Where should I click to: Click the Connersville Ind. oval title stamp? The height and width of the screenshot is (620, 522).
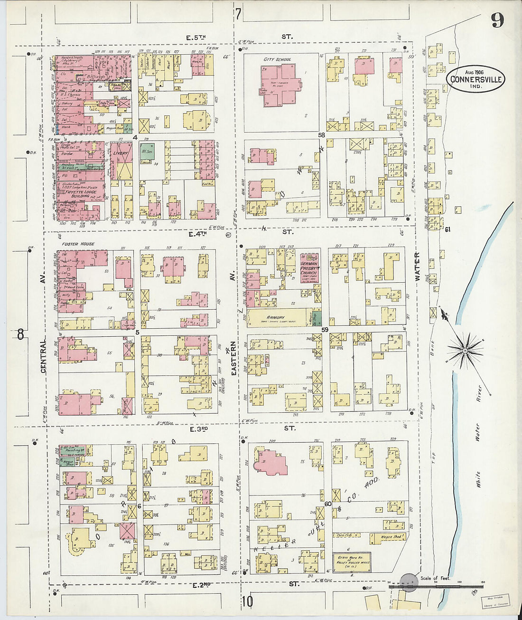(x=475, y=79)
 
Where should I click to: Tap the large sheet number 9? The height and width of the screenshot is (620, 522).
(x=497, y=20)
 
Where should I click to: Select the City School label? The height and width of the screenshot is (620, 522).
(x=277, y=59)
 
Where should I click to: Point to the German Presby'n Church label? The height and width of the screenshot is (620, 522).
(x=309, y=268)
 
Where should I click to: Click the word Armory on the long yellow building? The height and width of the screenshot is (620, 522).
(x=275, y=317)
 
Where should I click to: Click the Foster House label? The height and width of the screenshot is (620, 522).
(x=78, y=244)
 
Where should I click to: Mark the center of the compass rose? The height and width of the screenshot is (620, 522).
(x=465, y=351)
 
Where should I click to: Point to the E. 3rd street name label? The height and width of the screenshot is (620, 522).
(x=199, y=429)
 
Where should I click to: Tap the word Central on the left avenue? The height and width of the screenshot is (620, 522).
(x=43, y=355)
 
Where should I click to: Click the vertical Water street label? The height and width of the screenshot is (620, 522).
(x=418, y=267)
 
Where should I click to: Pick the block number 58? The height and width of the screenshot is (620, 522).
(x=321, y=135)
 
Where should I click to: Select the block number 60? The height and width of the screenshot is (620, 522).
(x=328, y=504)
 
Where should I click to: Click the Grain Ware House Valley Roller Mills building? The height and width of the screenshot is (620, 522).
(x=351, y=562)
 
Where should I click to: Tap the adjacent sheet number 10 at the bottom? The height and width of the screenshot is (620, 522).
(x=247, y=602)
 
